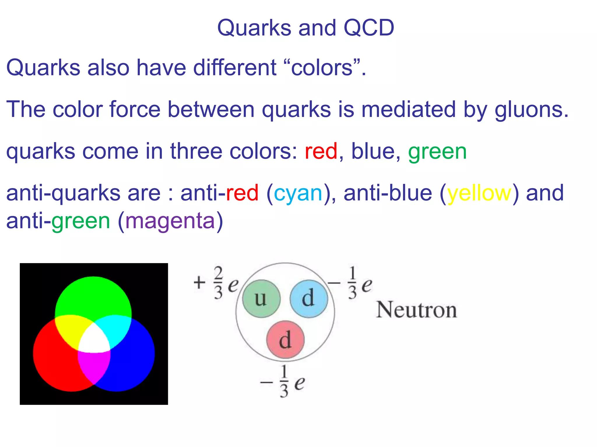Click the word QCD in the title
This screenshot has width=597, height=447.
pos(369,28)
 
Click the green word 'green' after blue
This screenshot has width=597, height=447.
pos(437,152)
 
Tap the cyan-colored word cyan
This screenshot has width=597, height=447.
pos(298,194)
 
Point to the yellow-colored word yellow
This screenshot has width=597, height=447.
pos(479,194)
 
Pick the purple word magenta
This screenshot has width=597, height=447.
pos(170,221)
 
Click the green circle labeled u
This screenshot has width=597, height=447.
pos(261,299)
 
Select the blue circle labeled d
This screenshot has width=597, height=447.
pos(309,299)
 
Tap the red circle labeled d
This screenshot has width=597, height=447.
pos(285,340)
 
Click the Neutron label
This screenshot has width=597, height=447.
pos(416,310)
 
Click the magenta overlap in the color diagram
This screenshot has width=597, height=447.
pos(94,367)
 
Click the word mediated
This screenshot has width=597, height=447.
pos(408,110)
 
